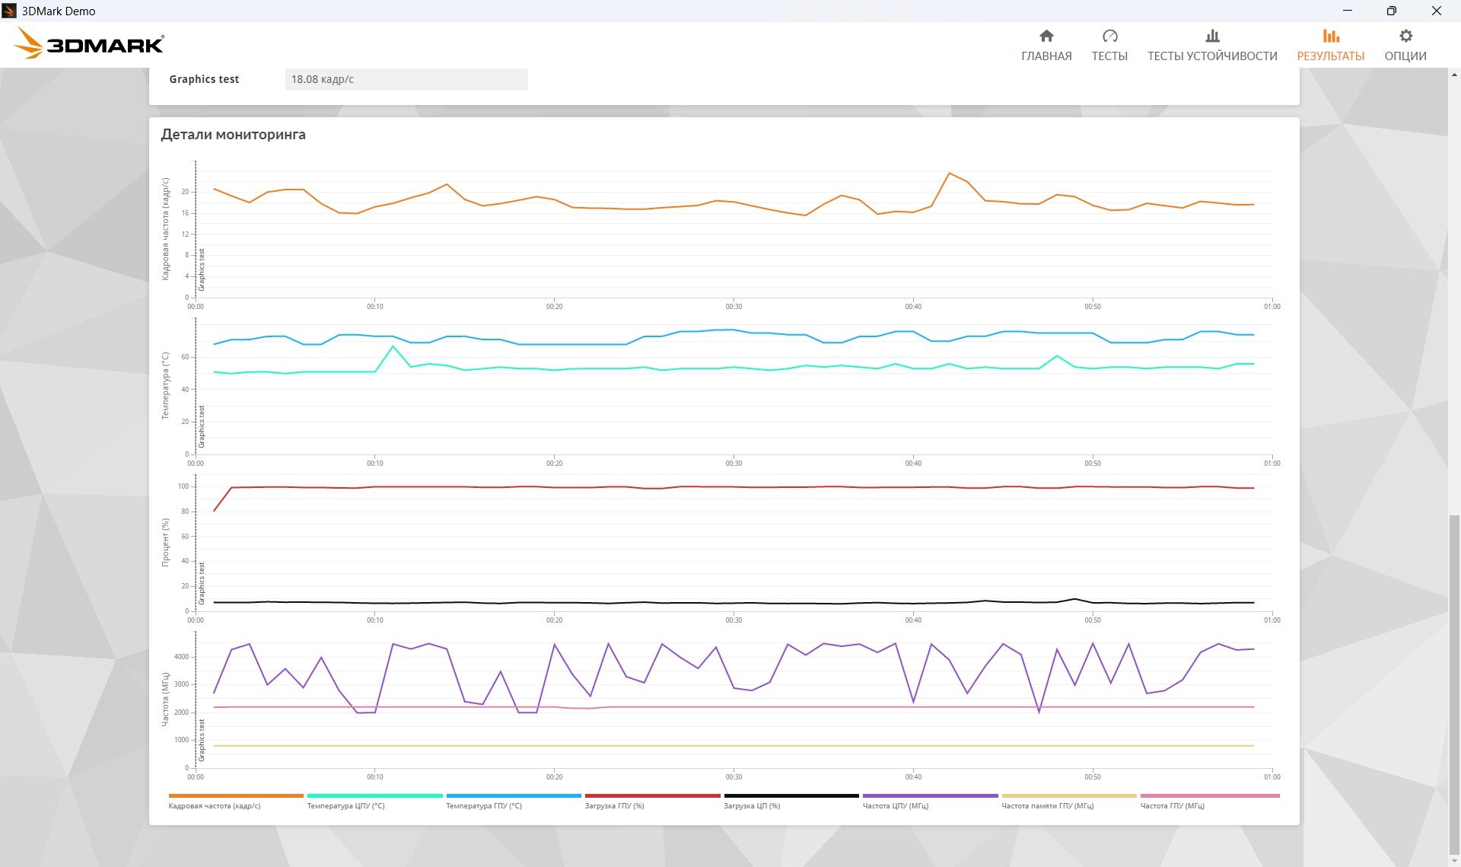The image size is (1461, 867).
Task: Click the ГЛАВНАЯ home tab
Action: tap(1046, 46)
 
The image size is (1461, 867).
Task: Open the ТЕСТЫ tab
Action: tap(1109, 46)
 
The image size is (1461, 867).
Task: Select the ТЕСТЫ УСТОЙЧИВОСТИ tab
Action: tap(1212, 46)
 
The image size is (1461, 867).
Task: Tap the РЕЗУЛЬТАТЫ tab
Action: tap(1331, 46)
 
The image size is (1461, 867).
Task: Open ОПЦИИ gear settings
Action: tap(1405, 46)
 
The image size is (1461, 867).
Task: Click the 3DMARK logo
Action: tap(89, 43)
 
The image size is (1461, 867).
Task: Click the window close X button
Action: tap(1436, 11)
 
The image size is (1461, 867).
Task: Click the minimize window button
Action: tap(1348, 11)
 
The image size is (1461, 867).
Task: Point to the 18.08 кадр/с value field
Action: tap(406, 79)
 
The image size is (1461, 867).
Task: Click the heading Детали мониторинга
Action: tap(233, 135)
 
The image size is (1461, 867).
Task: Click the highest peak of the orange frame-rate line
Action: tap(949, 174)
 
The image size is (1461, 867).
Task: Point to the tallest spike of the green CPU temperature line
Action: tap(393, 346)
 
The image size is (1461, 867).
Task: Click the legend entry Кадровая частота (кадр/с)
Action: tap(215, 805)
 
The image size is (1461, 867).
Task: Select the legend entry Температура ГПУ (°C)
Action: tap(484, 805)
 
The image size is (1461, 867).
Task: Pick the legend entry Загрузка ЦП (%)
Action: tap(752, 805)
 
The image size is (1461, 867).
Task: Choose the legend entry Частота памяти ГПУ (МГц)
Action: tap(1048, 805)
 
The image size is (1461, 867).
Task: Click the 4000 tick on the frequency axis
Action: tap(181, 657)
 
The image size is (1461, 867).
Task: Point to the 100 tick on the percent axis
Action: tap(183, 486)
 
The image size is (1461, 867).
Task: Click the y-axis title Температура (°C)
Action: tap(165, 386)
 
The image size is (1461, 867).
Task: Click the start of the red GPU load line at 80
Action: tap(215, 511)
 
